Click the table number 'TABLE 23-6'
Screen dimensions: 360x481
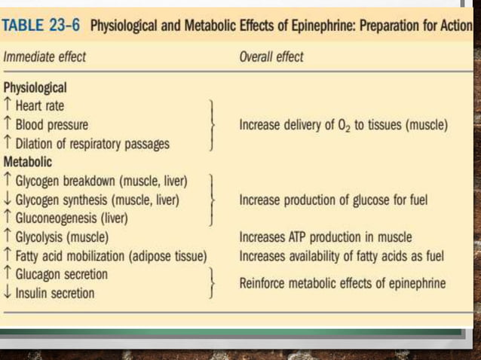pyautogui.click(x=44, y=26)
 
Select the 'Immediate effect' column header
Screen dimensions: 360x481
pyautogui.click(x=45, y=56)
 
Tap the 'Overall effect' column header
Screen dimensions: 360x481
pyautogui.click(x=271, y=56)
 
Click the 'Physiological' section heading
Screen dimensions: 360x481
pyautogui.click(x=35, y=87)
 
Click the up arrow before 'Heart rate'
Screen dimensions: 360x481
pyautogui.click(x=8, y=105)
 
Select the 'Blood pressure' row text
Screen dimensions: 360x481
pyautogui.click(x=52, y=125)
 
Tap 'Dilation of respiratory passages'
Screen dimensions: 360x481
pyautogui.click(x=93, y=143)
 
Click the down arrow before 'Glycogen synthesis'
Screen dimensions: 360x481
pyautogui.click(x=8, y=200)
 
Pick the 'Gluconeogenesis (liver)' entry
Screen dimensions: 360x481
pyautogui.click(x=72, y=218)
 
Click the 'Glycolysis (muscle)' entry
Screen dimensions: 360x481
pyautogui.click(x=63, y=237)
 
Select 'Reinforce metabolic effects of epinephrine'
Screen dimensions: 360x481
pyautogui.click(x=342, y=284)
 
